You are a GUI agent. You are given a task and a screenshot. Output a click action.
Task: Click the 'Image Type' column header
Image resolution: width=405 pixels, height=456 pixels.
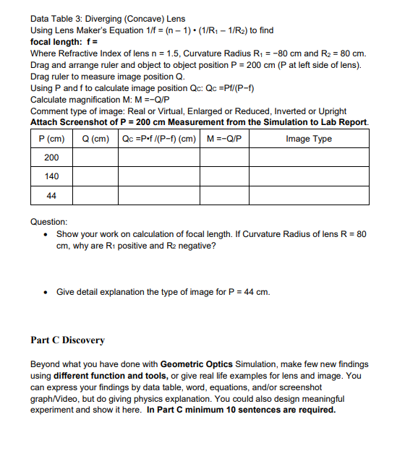tap(309, 139)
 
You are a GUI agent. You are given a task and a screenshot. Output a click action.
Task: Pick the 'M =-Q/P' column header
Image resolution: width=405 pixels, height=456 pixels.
tap(224, 139)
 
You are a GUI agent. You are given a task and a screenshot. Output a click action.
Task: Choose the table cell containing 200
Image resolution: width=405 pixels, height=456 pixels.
tap(51, 158)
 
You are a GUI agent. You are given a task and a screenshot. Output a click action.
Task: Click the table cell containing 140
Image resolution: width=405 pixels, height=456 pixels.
tap(51, 176)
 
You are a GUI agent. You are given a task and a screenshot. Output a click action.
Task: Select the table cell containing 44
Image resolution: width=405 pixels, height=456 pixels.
tap(51, 195)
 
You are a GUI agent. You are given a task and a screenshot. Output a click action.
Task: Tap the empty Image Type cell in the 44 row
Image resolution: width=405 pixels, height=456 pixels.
tap(309, 195)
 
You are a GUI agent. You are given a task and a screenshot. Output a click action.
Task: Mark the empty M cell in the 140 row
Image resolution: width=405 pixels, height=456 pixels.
tap(224, 176)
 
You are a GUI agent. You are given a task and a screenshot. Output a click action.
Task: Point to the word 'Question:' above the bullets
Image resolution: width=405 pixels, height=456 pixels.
tap(49, 222)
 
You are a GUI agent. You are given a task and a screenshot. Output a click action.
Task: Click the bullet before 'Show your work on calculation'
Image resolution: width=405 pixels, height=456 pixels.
tap(46, 236)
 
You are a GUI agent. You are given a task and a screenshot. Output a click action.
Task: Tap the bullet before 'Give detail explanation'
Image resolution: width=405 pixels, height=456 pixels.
tap(46, 292)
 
